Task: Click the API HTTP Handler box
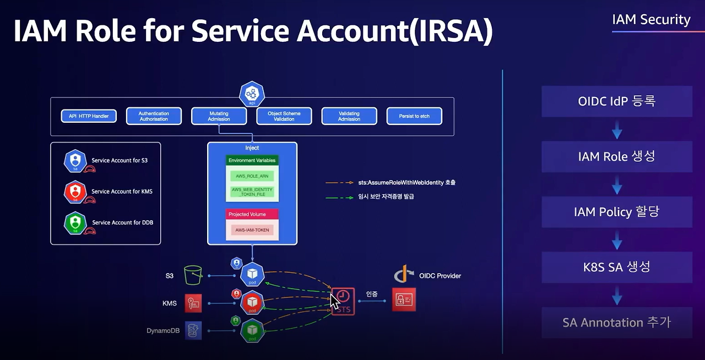coord(89,116)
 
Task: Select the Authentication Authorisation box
coord(154,116)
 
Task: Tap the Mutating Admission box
coord(219,116)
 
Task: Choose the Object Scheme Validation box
coord(284,116)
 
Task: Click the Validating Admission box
coord(349,116)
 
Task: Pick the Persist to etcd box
coord(414,116)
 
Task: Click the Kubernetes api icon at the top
coord(252,93)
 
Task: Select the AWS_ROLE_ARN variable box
coord(252,176)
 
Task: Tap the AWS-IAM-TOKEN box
coord(252,230)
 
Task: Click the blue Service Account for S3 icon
coord(75,160)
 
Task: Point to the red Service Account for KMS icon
coord(75,192)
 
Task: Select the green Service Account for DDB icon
coord(75,222)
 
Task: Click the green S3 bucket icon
coord(193,275)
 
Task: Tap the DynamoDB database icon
coord(193,330)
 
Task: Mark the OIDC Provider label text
coord(440,276)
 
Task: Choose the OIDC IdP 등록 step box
coord(616,101)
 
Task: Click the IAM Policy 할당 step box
coord(616,212)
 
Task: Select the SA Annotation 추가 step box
coord(616,323)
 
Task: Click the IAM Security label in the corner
coord(651,20)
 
